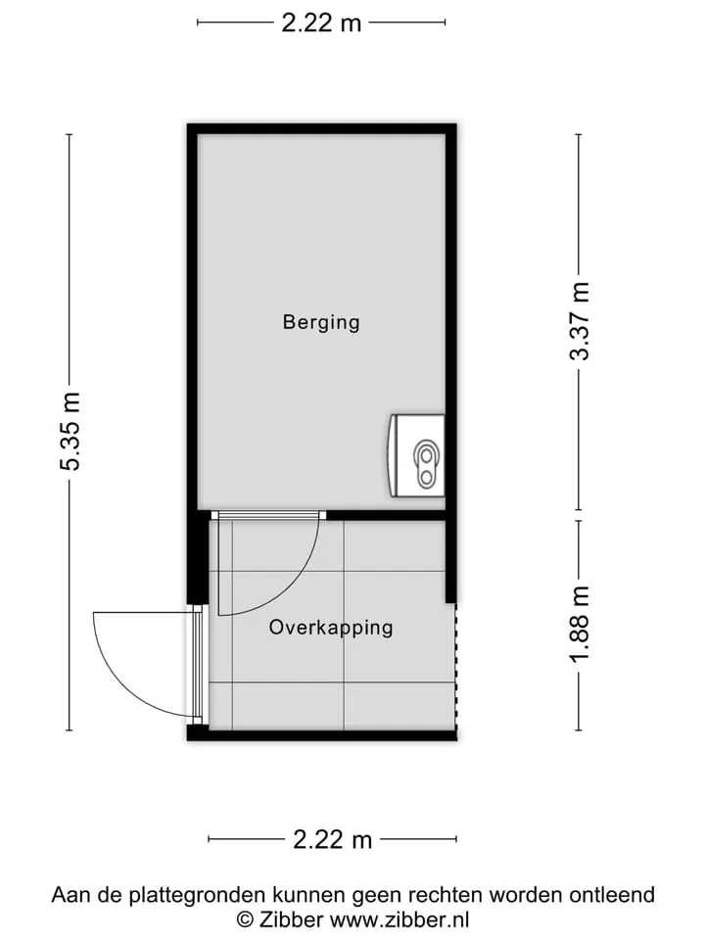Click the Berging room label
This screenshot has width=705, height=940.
point(321,322)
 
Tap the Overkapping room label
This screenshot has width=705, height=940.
point(331,628)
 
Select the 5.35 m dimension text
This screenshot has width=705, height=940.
point(70,432)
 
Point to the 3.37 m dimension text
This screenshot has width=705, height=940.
point(580,321)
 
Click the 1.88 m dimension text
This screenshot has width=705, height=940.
point(580,624)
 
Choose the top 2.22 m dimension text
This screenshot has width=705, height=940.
point(321,23)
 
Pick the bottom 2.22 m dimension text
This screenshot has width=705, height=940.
point(333,839)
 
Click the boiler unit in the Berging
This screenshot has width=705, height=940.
point(417,455)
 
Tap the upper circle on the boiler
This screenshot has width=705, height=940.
point(426,456)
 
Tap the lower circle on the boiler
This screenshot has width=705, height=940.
point(426,477)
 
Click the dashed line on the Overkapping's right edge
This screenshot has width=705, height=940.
point(456,667)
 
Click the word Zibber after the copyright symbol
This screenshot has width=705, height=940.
point(292,919)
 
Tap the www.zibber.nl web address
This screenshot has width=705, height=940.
point(399,919)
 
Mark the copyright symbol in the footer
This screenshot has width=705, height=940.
point(245,919)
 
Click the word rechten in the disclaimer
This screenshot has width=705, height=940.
point(446,895)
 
